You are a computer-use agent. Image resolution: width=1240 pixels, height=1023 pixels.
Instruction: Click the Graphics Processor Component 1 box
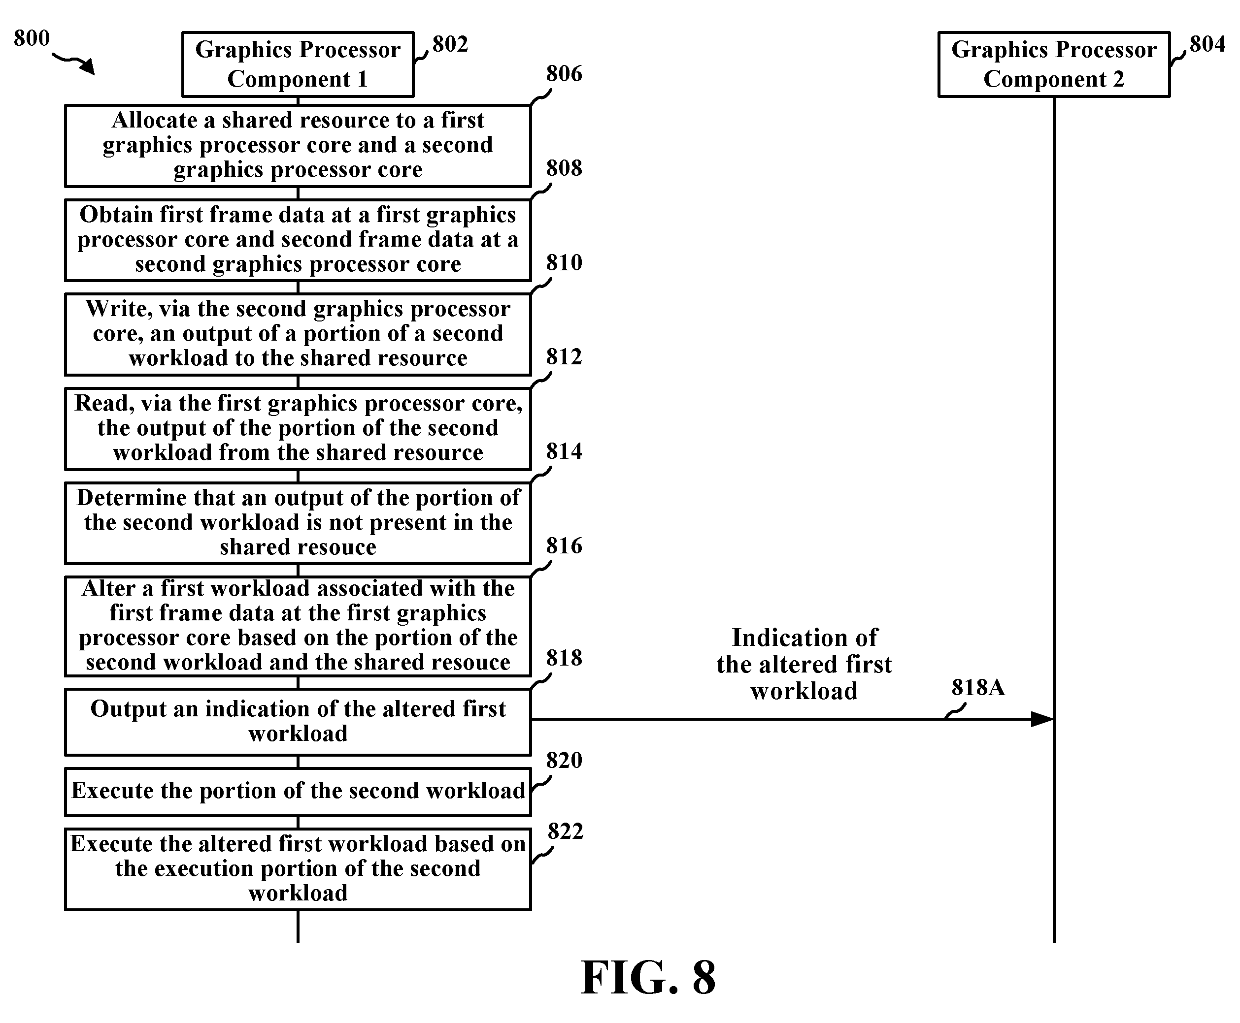(x=298, y=64)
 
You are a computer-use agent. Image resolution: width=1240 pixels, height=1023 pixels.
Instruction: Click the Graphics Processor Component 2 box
(x=1054, y=64)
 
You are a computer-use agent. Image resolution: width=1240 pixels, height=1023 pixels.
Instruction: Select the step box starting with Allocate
(x=298, y=146)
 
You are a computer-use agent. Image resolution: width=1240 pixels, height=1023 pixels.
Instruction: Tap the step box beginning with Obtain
(x=298, y=240)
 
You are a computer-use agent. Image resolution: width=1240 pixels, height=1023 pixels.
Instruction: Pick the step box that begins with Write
(x=298, y=335)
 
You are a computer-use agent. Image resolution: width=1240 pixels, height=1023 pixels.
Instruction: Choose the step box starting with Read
(x=298, y=429)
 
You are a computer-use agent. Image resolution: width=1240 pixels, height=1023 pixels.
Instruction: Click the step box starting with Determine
(x=298, y=523)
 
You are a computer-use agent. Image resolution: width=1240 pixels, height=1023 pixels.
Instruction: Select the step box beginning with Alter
(x=298, y=626)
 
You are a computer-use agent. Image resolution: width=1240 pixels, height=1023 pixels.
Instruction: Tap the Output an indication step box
(x=298, y=722)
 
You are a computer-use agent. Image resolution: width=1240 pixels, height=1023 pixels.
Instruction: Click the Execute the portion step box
(x=298, y=792)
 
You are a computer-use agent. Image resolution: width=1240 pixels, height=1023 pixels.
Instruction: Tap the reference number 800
(x=32, y=38)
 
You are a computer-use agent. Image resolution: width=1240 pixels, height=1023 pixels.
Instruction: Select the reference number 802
(x=450, y=44)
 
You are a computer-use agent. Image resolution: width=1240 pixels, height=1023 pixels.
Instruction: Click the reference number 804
(x=1207, y=44)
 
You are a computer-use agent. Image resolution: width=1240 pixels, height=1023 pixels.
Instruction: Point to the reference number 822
(x=565, y=831)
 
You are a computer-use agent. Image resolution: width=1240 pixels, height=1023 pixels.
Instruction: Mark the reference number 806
(x=564, y=74)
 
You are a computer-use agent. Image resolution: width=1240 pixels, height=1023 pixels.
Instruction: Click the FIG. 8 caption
(x=648, y=978)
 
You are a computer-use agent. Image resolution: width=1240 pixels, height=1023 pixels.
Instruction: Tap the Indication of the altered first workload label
(x=804, y=664)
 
